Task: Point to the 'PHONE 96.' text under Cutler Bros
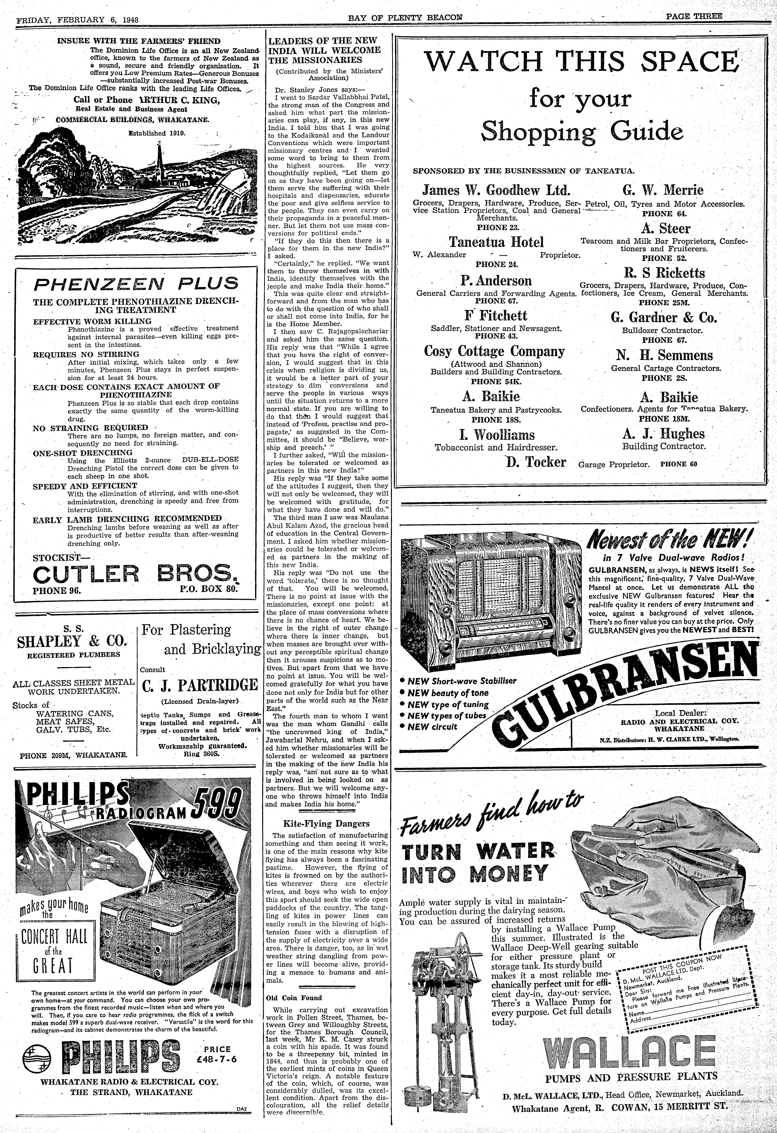(x=57, y=590)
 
